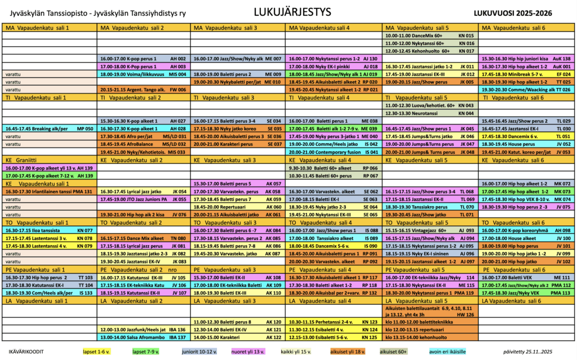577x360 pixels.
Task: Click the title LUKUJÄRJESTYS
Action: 288,12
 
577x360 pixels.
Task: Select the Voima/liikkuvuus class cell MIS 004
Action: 143,74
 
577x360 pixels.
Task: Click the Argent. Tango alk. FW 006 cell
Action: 143,90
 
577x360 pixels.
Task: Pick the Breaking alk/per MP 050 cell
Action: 50,128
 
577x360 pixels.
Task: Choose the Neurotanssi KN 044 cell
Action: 429,113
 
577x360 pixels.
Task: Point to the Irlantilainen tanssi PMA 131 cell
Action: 50,192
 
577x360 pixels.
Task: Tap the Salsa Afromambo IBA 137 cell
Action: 143,337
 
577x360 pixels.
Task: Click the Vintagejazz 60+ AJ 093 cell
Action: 429,230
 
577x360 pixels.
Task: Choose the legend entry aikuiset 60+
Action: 393,352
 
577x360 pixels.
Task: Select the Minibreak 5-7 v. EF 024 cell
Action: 526,74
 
